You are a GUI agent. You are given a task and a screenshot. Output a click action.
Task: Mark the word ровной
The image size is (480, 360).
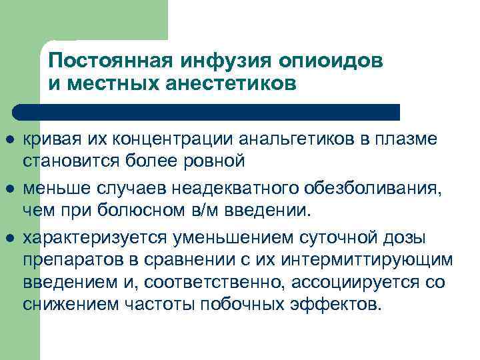[219, 161]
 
